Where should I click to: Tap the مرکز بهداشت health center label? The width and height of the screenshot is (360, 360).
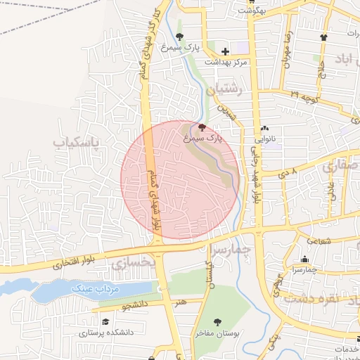coord(226,62)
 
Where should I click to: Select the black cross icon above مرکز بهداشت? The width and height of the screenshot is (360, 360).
coord(225,51)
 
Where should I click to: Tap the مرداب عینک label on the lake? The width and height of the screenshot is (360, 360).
coord(96,289)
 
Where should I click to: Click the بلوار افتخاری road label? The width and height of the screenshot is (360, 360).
coord(78,264)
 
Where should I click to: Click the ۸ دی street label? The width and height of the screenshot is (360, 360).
coord(290,171)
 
